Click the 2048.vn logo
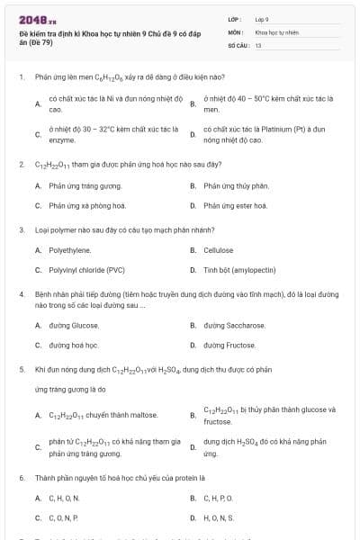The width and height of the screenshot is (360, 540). click(x=33, y=20)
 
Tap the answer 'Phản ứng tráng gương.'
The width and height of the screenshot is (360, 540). click(x=81, y=185)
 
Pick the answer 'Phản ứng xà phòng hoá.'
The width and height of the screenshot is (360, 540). click(x=83, y=205)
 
